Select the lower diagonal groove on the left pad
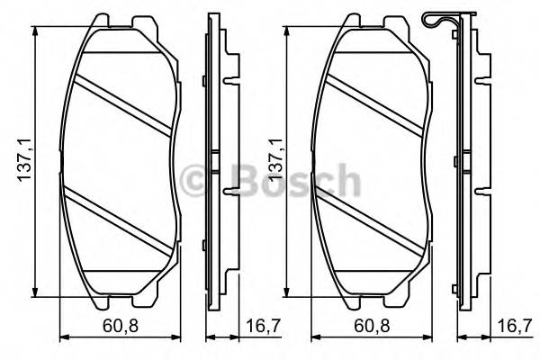[122, 217]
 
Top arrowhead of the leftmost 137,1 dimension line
[35, 30]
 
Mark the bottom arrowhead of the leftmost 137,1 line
[35, 292]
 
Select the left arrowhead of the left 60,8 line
[62, 338]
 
